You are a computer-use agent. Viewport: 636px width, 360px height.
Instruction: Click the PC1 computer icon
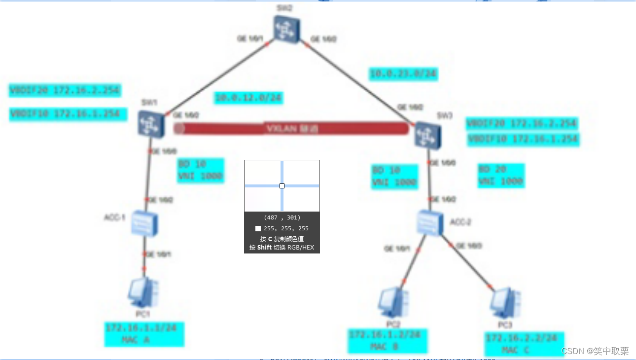tap(142, 293)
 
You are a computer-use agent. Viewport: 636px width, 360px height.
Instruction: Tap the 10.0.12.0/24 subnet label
tap(248, 98)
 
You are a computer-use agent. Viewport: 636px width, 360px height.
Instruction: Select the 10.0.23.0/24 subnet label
tap(403, 74)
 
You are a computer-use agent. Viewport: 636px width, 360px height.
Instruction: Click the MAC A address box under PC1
tap(144, 334)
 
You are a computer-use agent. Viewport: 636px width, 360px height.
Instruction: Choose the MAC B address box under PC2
tap(387, 341)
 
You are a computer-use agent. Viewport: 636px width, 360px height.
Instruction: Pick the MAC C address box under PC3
tap(523, 344)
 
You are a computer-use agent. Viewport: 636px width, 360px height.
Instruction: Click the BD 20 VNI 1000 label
tap(500, 176)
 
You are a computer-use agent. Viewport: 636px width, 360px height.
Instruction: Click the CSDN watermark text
tap(595, 351)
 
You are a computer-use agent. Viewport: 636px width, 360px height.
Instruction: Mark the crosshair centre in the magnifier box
tap(282, 186)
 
